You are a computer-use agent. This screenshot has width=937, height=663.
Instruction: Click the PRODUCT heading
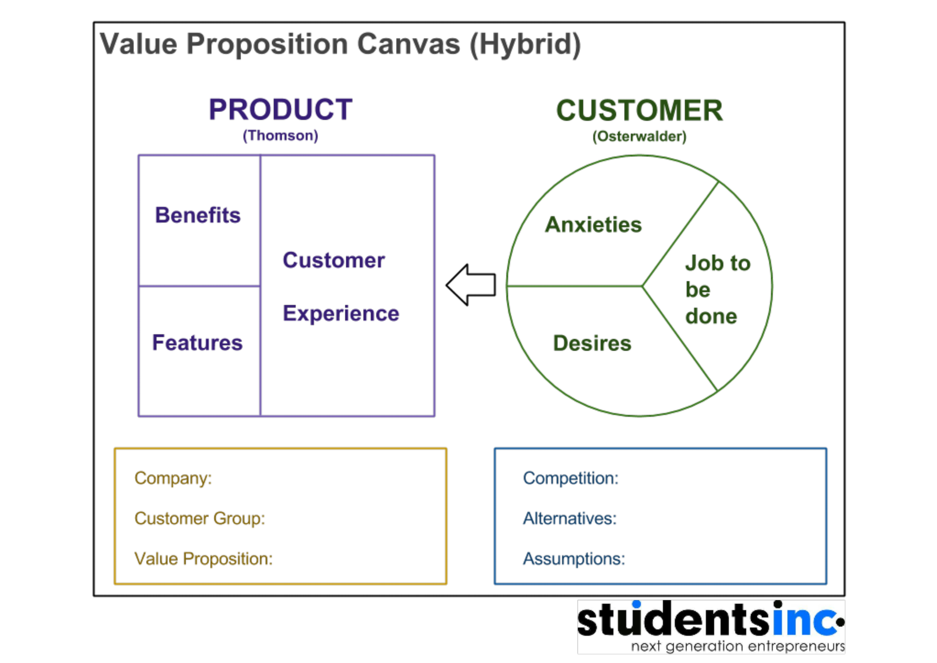[x=281, y=110]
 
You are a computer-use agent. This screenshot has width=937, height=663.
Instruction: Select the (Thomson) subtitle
[x=280, y=136]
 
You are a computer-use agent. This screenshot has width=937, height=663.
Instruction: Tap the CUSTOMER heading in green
[x=640, y=111]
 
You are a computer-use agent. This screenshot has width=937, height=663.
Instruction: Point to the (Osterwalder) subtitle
[x=640, y=136]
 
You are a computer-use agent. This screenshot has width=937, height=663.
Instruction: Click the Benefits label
[x=198, y=215]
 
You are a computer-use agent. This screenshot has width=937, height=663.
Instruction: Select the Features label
[x=197, y=343]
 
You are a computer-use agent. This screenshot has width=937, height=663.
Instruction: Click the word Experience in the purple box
[x=341, y=313]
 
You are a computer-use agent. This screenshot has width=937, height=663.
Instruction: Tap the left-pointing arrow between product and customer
[x=471, y=285]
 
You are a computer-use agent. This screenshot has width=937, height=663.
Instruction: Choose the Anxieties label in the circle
[x=593, y=225]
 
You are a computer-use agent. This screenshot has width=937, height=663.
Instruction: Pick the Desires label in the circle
[x=592, y=343]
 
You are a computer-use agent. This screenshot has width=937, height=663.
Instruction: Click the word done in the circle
[x=711, y=316]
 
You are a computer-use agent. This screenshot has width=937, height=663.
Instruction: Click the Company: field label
[x=173, y=478]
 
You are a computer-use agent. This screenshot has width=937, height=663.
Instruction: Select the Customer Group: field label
[x=200, y=519]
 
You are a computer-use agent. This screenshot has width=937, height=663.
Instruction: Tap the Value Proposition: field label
[x=203, y=559]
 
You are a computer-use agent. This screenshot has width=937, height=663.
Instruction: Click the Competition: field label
[x=571, y=478]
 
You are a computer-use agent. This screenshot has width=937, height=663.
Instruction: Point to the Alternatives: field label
[x=570, y=519]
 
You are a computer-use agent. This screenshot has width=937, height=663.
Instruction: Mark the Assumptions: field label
[x=574, y=559]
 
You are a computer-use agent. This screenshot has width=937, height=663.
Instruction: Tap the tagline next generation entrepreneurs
[x=737, y=646]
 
